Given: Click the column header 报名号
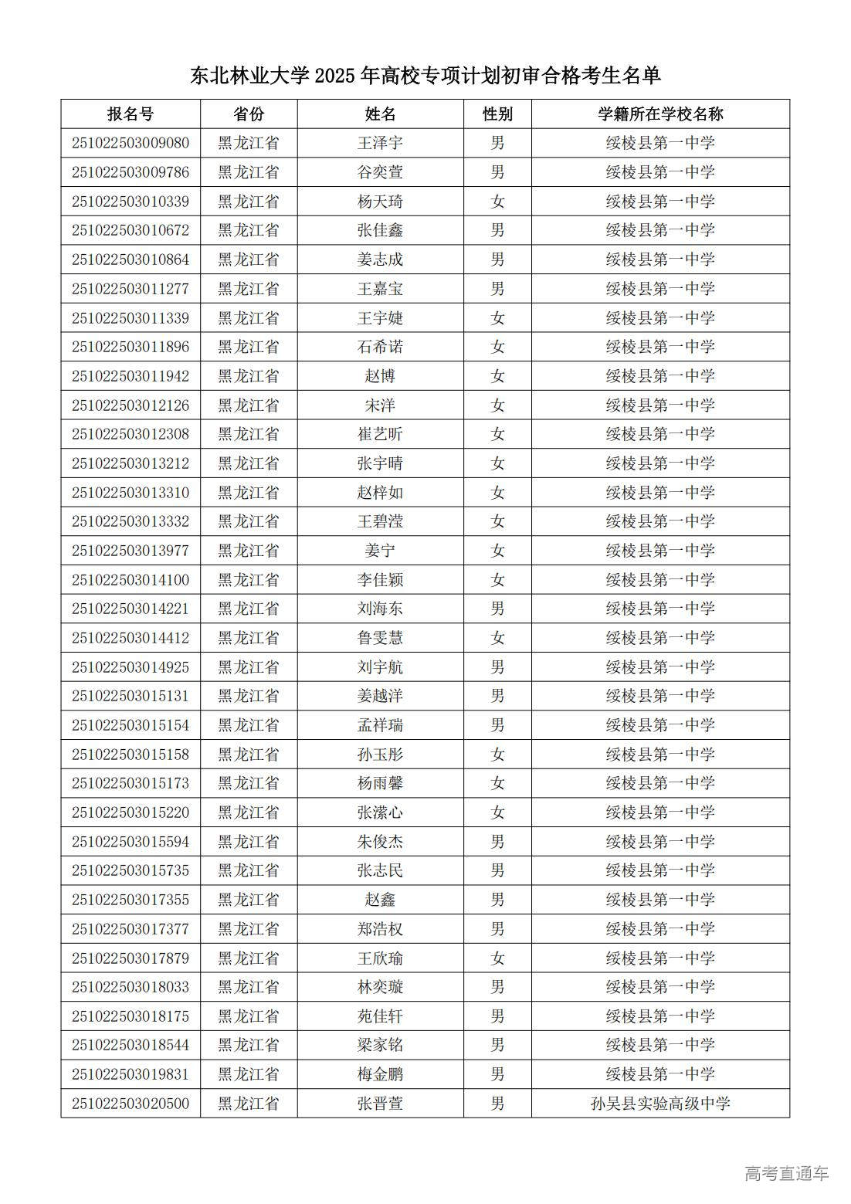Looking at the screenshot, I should point(131,114).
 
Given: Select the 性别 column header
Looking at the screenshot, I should point(497,114).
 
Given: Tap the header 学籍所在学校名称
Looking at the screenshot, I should point(660,114).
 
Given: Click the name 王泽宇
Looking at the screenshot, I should point(380,143).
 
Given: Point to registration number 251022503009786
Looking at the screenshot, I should point(131,172).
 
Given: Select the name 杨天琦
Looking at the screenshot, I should point(380,202).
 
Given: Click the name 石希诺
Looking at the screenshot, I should point(380,347).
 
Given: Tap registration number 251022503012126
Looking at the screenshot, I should point(131,405).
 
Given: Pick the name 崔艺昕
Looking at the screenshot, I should point(380,434).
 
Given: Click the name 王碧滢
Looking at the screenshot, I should point(380,521).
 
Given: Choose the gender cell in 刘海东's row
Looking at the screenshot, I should point(497,609).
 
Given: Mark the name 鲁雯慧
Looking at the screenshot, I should point(380,638).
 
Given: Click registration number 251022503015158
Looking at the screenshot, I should point(131,755).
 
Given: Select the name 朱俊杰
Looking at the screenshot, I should point(380,842).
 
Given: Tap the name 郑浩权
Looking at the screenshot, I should point(380,929).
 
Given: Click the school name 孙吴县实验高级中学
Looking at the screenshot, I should point(660,1104).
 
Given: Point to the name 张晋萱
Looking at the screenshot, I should point(380,1104).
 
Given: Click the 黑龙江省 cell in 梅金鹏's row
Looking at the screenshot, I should point(249,1074).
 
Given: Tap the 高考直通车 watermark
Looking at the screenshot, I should point(786,1174).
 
